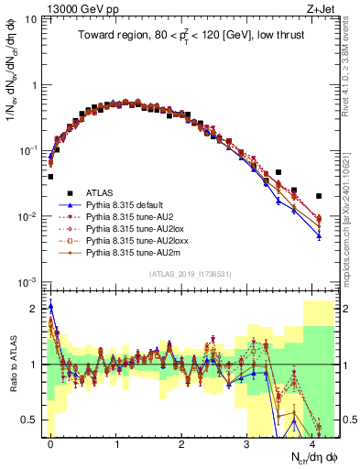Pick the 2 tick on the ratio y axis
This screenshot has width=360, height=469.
click(x=38, y=309)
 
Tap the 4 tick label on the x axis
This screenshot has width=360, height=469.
click(x=312, y=442)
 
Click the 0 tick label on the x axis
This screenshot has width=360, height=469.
click(x=50, y=442)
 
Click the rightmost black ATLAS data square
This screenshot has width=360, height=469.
click(x=319, y=196)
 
